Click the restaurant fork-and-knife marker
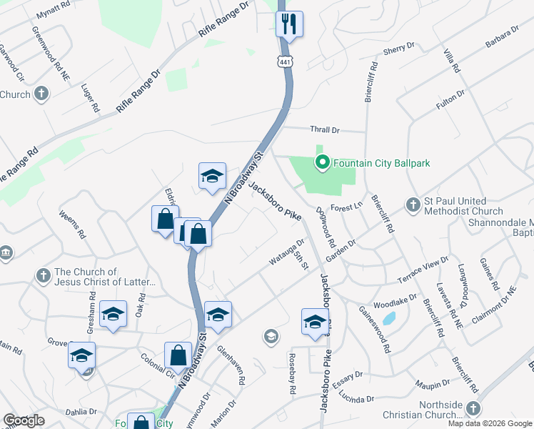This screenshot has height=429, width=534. [290, 24]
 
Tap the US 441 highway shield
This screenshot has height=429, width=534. [286, 62]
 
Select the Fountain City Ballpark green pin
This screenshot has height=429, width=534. [321, 163]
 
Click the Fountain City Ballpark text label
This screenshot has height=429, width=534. [381, 163]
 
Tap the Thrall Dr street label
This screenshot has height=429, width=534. [325, 130]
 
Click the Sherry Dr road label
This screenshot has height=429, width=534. [399, 49]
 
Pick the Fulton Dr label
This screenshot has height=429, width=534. [450, 99]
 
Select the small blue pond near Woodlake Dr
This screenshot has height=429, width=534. [388, 318]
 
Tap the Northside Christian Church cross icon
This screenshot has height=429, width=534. [472, 408]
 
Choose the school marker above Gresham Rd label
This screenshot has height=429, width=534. [113, 314]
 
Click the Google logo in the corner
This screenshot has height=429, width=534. [24, 420]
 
